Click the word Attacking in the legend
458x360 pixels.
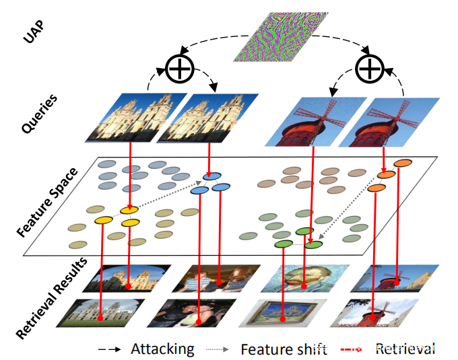(162, 349)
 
